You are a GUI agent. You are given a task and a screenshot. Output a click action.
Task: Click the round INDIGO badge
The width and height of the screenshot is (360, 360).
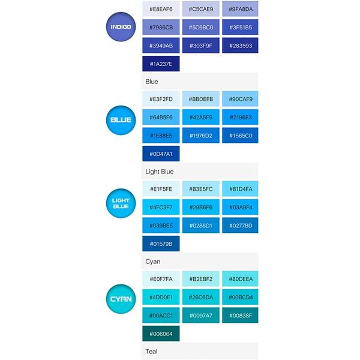coord(121,27)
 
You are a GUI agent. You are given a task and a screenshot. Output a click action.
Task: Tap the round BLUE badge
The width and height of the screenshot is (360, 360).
coord(121,120)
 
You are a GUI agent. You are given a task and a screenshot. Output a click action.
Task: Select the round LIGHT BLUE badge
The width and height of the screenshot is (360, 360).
coord(121,203)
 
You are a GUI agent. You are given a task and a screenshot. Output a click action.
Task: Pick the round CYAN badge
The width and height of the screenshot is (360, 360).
coord(121,299)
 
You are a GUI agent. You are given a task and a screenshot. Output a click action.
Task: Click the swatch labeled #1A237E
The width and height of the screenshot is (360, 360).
coord(161,64)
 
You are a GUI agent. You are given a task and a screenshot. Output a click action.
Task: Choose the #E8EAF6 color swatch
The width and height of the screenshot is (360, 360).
coord(161,9)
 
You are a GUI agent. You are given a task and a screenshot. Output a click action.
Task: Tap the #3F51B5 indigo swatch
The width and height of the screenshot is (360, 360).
coord(240,27)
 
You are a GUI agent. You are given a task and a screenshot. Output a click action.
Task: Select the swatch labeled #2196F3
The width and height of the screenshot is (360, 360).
coord(240,117)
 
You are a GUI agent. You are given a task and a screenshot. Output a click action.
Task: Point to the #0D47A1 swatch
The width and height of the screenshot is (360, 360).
coord(161,154)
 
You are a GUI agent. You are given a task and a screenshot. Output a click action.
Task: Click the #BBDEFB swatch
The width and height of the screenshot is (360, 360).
coord(201,99)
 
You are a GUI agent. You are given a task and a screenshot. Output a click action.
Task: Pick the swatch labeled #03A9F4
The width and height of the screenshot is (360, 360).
coord(240,207)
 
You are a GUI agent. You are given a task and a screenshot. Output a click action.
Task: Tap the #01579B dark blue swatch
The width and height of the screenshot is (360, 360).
coord(161,244)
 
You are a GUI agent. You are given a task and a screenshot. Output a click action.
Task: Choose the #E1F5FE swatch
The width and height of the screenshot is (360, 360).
coord(161,189)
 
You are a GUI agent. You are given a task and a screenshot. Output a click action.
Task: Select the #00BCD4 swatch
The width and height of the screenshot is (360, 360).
coord(240,297)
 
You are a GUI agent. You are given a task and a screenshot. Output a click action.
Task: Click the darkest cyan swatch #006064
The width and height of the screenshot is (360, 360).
coord(161,334)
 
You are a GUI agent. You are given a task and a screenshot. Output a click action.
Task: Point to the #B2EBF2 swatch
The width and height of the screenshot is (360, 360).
coord(201,279)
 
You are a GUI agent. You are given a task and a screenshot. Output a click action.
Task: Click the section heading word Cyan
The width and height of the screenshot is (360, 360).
coord(153,262)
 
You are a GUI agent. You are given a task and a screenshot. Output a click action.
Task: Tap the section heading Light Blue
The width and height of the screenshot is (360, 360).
coord(160,172)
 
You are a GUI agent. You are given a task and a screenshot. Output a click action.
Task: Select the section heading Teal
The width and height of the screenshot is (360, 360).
coord(151,351)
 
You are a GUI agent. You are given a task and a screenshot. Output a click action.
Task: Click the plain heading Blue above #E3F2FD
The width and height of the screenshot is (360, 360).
coord(152,82)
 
